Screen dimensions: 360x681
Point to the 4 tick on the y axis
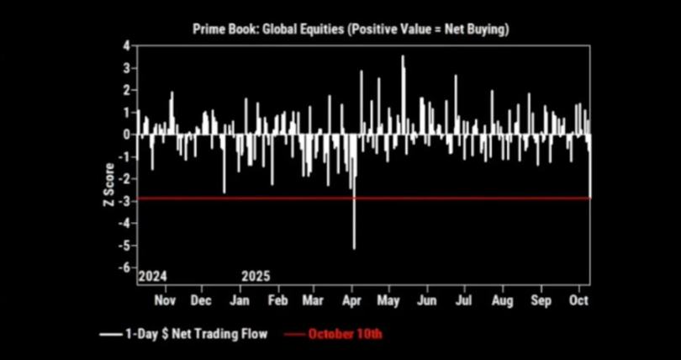tap(126, 45)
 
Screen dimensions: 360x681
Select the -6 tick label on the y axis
tap(124, 267)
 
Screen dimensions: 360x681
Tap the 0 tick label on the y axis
tap(126, 135)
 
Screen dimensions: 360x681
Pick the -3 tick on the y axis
tap(124, 201)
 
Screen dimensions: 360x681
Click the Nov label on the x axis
tap(164, 299)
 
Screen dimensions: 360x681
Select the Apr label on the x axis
tap(353, 299)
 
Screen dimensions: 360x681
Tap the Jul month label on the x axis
tap(463, 299)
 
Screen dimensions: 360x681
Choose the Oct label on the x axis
tap(578, 299)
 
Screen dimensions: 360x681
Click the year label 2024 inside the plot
tap(152, 276)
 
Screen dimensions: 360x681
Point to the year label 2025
tap(255, 276)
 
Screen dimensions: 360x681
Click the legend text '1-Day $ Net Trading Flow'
tap(195, 334)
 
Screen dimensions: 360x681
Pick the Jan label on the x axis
tap(240, 299)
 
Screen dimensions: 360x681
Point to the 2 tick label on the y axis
tap(126, 90)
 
